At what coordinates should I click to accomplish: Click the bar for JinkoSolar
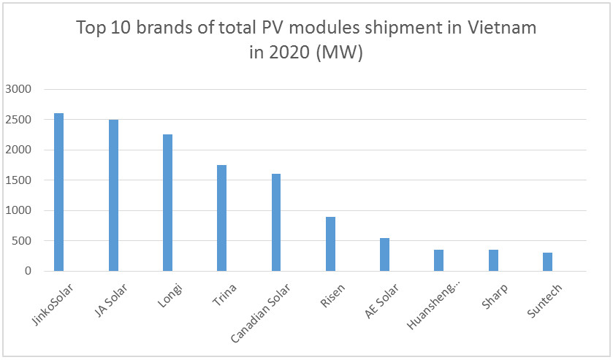coord(59,192)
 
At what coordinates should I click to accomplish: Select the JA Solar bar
coord(113,195)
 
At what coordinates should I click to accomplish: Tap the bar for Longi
coord(167,202)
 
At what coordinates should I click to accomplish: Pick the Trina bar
coord(221,218)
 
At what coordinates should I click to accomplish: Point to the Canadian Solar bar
coord(275,222)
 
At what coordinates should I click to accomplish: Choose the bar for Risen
coord(330,244)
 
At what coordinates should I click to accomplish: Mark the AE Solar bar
coord(384,254)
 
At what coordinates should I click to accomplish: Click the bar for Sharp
coord(492,260)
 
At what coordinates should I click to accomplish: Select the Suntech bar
coord(547,261)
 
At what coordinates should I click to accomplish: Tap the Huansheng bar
coord(438,260)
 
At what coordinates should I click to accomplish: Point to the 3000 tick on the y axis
coord(19,89)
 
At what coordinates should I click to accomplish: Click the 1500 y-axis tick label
coord(19,180)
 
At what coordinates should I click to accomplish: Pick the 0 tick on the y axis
coord(28,271)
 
